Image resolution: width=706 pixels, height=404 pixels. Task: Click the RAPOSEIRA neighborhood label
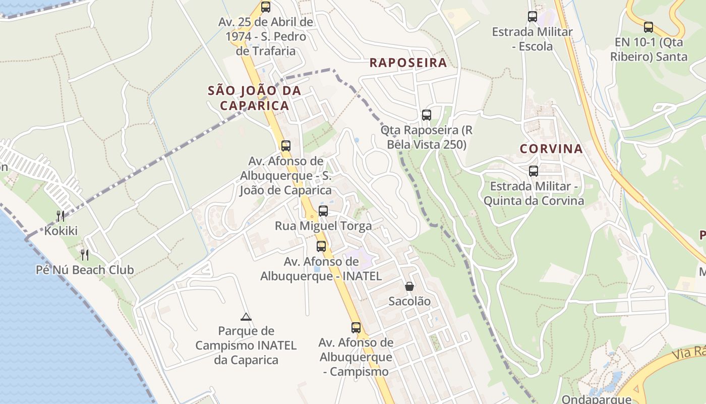(408, 63)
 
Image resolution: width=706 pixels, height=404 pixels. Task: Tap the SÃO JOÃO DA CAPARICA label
(255, 98)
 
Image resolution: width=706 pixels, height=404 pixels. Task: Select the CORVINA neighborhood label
(551, 149)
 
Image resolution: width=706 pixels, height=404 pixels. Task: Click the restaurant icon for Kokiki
(61, 216)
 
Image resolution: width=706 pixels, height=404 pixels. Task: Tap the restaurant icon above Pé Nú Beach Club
(85, 255)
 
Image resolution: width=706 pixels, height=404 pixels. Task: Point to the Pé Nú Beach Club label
(85, 270)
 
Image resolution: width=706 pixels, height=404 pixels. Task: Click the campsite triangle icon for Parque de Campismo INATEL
(246, 317)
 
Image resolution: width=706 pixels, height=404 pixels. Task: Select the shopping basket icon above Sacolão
(409, 286)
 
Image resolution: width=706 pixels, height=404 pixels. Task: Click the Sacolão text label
(409, 301)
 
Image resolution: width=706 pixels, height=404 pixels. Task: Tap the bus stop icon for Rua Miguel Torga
(323, 211)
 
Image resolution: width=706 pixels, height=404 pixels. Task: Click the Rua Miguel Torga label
(323, 226)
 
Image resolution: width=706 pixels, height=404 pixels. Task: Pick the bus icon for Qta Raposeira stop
(427, 115)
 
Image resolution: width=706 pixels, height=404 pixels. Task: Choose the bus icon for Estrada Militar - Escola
(533, 17)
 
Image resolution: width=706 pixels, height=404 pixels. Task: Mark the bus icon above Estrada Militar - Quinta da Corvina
(534, 171)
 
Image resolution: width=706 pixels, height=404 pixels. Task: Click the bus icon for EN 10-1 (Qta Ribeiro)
(649, 27)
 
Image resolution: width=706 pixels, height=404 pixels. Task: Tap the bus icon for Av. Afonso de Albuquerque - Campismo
(356, 327)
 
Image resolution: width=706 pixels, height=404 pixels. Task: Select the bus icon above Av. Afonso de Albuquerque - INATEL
(321, 246)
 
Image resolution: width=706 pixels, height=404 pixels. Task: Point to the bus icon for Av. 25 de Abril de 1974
(266, 7)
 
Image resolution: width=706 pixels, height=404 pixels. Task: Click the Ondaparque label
(596, 399)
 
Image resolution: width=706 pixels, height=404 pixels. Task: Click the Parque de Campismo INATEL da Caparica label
(246, 345)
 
